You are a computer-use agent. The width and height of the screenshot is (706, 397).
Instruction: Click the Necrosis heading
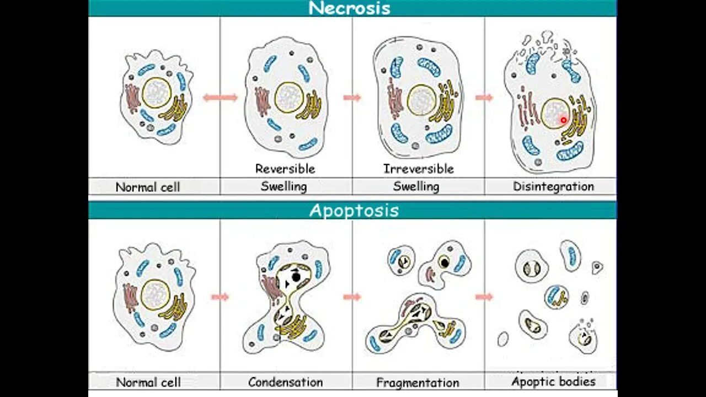(x=349, y=8)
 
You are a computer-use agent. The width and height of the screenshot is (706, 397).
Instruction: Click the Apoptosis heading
(x=354, y=211)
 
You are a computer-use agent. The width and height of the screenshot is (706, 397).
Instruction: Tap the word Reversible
(x=285, y=169)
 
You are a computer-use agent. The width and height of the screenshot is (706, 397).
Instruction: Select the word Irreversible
(x=418, y=169)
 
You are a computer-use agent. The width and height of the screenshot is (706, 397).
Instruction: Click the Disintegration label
(x=553, y=186)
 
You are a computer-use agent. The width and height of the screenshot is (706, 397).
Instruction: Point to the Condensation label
(x=285, y=382)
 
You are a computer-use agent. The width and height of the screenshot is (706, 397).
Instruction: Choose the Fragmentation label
(x=418, y=382)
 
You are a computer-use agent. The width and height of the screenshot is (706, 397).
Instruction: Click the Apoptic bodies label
(x=553, y=381)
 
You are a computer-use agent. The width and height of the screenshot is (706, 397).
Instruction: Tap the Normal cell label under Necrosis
(x=148, y=187)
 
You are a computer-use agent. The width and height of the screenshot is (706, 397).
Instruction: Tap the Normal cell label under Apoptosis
(x=148, y=382)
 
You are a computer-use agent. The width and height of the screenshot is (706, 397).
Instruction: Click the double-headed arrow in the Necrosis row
(x=220, y=98)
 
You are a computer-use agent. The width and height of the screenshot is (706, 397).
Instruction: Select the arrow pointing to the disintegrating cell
(x=484, y=98)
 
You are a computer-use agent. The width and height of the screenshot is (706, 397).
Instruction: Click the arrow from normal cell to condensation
(x=220, y=297)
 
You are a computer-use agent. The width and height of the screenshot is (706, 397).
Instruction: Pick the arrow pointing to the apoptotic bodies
(x=484, y=297)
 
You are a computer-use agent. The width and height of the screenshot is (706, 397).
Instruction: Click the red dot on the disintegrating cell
(x=563, y=120)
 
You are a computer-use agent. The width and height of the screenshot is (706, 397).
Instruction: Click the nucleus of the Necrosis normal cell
(x=157, y=93)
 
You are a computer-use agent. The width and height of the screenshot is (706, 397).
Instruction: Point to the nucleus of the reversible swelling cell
(x=288, y=98)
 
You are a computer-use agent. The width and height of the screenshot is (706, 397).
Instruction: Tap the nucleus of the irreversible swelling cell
(x=421, y=100)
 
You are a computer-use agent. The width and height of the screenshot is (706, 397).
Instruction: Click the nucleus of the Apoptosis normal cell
(x=155, y=294)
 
